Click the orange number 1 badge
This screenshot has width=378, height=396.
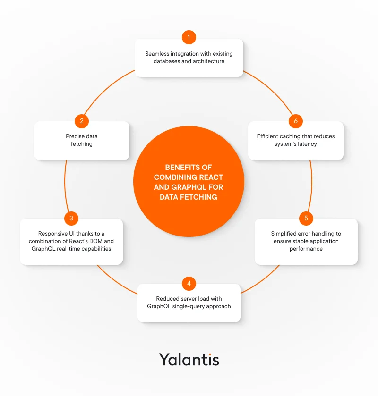tap(189, 37)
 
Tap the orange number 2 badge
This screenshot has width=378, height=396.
tap(82, 121)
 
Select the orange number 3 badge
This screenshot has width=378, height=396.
tap(71, 218)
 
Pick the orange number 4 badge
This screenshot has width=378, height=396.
tap(189, 283)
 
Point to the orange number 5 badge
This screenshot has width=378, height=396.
tap(306, 218)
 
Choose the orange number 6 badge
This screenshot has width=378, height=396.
tap(296, 121)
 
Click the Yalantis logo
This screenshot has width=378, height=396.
tap(189, 359)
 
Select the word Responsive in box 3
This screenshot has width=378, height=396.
tap(53, 234)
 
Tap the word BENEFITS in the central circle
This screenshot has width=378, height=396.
tap(182, 168)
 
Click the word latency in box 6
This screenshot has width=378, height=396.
tap(307, 144)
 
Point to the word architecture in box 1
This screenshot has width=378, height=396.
tap(208, 61)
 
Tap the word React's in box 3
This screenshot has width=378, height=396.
tap(91, 241)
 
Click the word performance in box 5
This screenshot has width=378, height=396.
tap(306, 249)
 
